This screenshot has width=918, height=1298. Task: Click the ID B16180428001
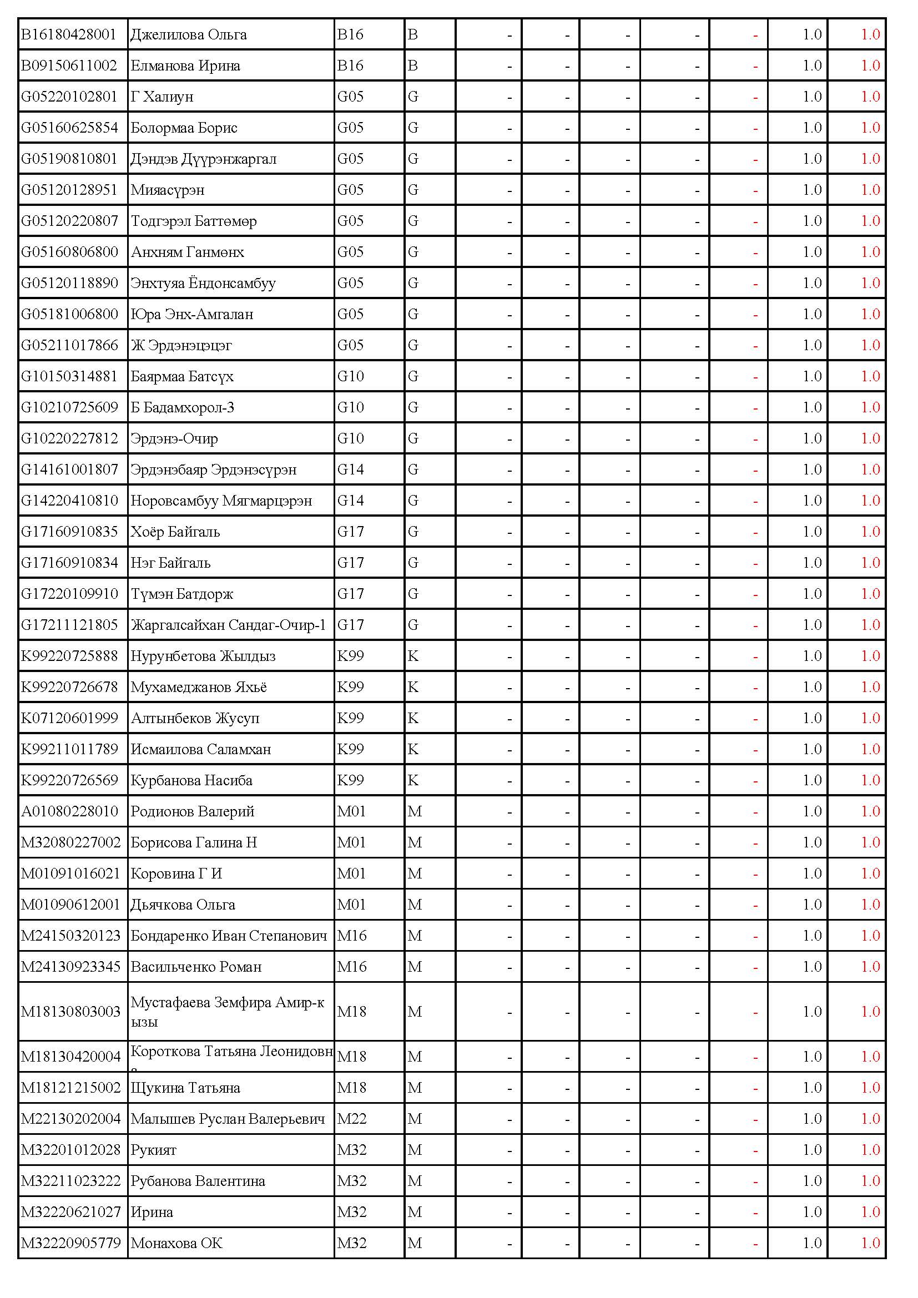click(68, 35)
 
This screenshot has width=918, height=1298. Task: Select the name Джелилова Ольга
click(188, 35)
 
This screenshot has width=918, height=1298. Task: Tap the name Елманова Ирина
click(185, 66)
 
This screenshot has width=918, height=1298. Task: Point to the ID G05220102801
click(68, 97)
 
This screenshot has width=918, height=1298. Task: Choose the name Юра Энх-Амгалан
click(191, 314)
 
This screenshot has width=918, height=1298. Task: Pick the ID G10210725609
click(69, 408)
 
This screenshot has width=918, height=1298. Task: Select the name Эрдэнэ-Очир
click(174, 439)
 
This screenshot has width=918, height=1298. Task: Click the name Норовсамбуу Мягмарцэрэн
click(221, 501)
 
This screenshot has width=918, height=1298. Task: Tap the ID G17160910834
click(69, 563)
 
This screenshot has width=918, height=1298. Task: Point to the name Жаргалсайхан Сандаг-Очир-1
click(228, 625)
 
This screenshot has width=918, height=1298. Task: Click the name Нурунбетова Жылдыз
click(203, 656)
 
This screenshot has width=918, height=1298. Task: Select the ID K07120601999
click(69, 719)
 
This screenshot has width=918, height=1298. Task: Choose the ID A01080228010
click(69, 812)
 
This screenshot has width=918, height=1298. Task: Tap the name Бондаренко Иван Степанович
click(228, 936)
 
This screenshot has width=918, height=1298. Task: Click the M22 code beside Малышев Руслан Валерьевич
click(351, 1119)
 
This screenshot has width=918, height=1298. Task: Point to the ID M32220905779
click(70, 1243)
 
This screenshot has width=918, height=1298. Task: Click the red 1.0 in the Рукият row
click(870, 1150)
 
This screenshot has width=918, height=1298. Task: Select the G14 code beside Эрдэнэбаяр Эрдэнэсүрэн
click(350, 470)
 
